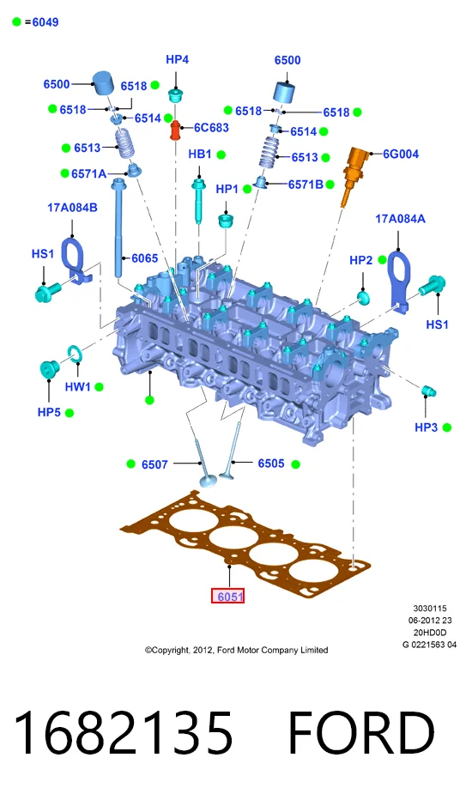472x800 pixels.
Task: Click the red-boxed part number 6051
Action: [228, 596]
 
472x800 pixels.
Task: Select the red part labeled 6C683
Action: [176, 130]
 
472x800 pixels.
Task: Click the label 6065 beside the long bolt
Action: [145, 258]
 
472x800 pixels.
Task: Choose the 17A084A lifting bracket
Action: [398, 278]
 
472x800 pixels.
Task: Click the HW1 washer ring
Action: [74, 353]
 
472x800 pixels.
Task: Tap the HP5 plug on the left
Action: [49, 368]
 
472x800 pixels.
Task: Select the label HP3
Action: [426, 427]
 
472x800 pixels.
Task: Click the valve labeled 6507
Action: [203, 464]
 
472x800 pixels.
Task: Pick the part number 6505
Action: [271, 464]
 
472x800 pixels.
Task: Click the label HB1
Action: [199, 155]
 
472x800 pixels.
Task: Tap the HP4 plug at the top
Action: [176, 95]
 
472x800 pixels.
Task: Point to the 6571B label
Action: [306, 185]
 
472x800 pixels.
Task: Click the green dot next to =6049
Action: [17, 22]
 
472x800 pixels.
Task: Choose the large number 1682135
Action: [123, 733]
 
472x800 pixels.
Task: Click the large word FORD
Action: [361, 733]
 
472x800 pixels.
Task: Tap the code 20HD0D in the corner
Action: [430, 633]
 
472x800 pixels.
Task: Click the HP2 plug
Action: [363, 298]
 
